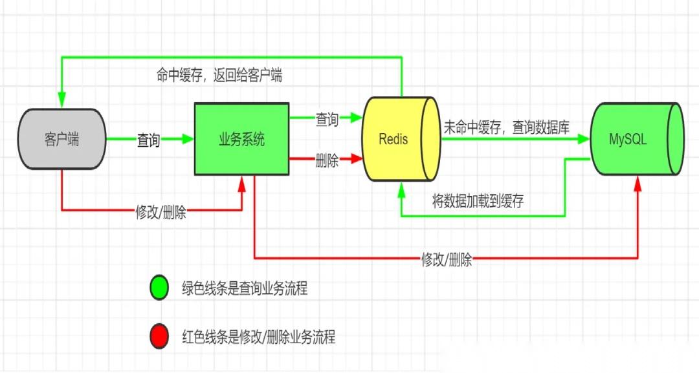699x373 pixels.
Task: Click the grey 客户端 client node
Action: point(62,139)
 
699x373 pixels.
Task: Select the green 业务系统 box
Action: point(241,139)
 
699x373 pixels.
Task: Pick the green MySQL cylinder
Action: point(637,139)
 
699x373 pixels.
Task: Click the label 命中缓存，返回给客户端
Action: point(219,75)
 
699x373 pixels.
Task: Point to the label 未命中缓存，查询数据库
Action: point(507,128)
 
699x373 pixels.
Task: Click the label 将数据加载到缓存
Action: point(478,201)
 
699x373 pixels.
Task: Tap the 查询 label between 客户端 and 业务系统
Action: point(148,140)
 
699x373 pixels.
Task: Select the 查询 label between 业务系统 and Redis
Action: point(327,120)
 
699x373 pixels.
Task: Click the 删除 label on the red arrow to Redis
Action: point(327,160)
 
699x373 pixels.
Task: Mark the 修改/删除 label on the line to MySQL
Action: point(447,259)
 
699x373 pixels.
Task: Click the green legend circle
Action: point(159,288)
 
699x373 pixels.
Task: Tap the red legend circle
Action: point(159,336)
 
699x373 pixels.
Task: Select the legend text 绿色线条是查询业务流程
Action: point(245,288)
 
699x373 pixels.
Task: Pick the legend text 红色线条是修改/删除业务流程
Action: point(258,337)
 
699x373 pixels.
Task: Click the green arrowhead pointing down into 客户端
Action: point(61,100)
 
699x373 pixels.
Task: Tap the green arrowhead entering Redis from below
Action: point(402,189)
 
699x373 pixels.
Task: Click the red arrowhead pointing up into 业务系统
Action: point(242,183)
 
